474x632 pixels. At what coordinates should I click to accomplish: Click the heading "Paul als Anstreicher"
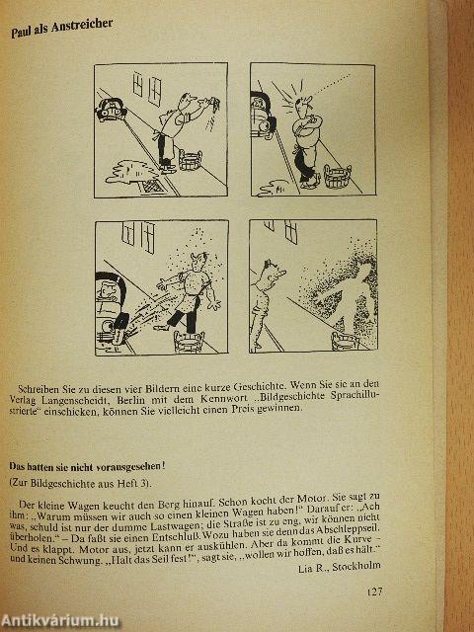pos(61,29)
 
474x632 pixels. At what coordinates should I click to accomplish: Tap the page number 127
pos(374,592)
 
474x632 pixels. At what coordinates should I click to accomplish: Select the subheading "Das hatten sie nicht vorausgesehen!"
pos(87,467)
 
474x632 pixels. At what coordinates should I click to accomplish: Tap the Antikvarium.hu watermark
pos(59,621)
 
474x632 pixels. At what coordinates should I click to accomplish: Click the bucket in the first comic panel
pos(191,160)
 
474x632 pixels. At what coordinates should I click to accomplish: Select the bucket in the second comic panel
pos(338,176)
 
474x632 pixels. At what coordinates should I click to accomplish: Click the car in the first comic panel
pos(110,109)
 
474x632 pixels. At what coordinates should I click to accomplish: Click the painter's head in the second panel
pos(303,105)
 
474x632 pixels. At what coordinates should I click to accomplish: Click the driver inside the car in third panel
pos(108,290)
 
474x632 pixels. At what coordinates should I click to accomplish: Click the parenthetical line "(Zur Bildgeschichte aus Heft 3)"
pos(80,484)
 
